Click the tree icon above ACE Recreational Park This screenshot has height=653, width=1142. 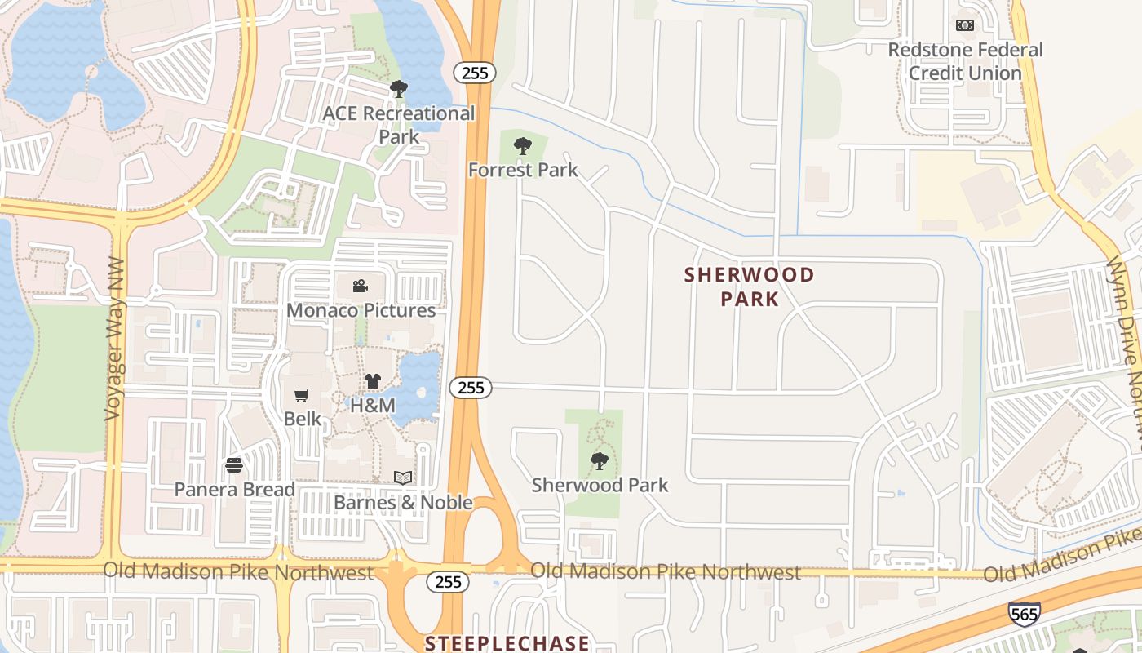[398, 88]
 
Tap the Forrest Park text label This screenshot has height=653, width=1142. [522, 170]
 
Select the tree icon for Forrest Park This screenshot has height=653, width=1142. [522, 146]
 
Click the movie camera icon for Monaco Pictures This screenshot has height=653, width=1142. [360, 286]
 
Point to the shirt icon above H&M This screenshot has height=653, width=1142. [373, 380]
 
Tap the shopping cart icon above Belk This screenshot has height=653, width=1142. [302, 395]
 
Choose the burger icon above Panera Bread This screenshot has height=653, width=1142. [234, 465]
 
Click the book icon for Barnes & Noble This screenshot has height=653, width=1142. [403, 478]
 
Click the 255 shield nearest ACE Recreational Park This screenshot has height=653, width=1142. [474, 73]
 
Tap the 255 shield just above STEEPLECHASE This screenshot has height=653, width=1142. [448, 582]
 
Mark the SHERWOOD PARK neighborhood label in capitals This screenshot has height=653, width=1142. [749, 287]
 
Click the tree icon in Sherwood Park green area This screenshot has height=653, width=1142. [600, 461]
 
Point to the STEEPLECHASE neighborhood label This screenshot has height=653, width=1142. [507, 643]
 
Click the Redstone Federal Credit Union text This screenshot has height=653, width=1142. [965, 61]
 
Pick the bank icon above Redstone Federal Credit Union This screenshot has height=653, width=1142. [965, 25]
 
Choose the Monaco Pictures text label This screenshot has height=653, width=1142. [361, 310]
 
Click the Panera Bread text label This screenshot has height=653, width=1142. [234, 489]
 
